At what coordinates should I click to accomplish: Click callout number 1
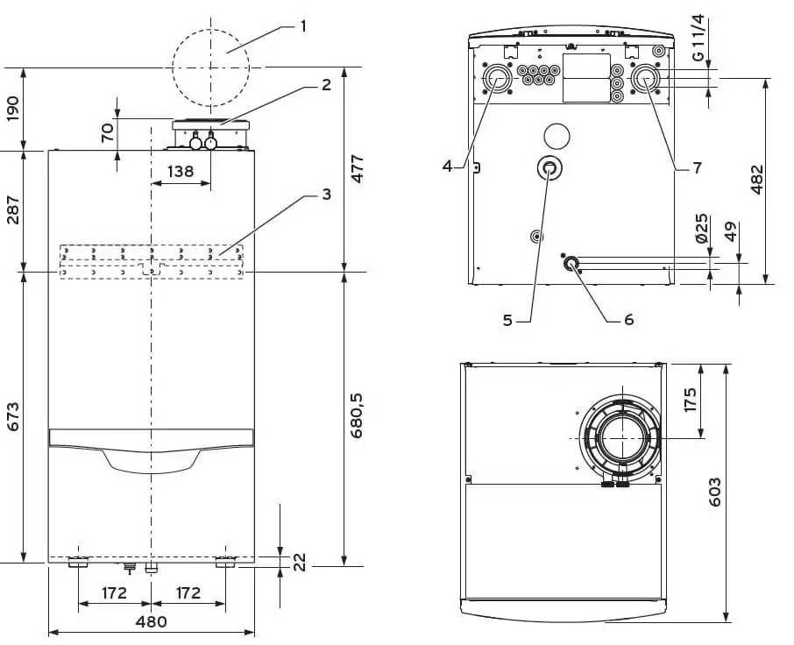point(302,25)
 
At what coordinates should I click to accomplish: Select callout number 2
point(325,85)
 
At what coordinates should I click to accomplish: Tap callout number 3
point(325,195)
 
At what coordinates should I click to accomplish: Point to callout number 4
point(447,165)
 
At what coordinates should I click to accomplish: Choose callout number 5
point(507,320)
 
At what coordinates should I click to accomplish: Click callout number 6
point(628,320)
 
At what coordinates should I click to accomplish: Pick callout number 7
point(697,167)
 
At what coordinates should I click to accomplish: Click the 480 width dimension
point(152,622)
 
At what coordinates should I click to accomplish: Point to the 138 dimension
point(181,172)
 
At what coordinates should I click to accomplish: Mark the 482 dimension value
point(757,181)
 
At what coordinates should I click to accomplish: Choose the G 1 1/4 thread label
point(698,37)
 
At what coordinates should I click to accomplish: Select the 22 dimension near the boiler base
point(299,562)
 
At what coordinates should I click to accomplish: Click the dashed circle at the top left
point(210,66)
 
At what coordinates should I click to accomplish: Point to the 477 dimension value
point(358,168)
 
